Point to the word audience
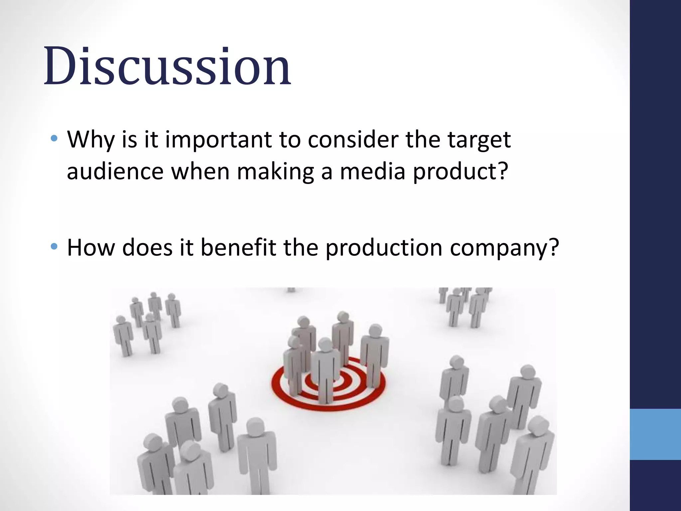115,172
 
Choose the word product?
461,172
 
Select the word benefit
238,248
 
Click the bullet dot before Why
54,138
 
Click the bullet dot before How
54,246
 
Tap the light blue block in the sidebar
655,434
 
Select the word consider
353,140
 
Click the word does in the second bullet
147,248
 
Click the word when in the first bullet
200,172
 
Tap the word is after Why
129,140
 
